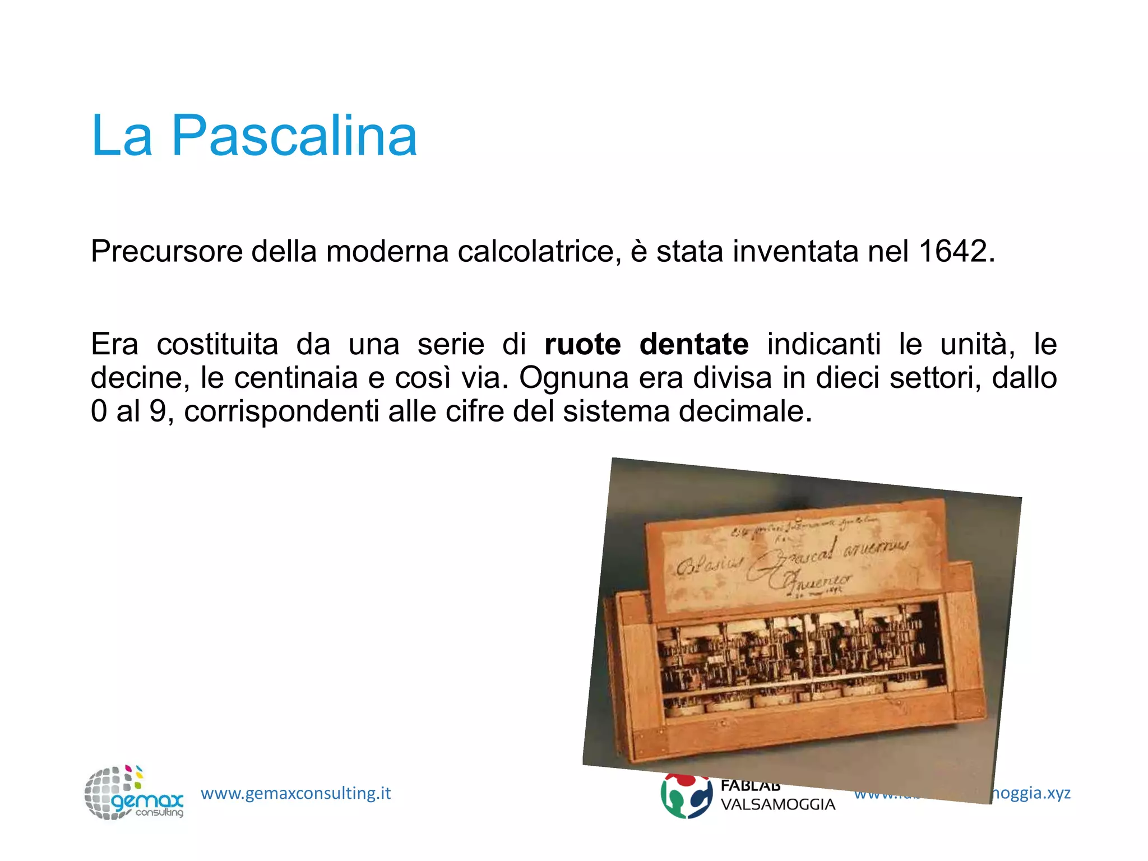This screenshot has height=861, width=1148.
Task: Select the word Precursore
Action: click(x=166, y=251)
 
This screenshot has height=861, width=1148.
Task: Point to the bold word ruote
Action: click(x=582, y=344)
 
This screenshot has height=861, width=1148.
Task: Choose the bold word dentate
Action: click(x=693, y=344)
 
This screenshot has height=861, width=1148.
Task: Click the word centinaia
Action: click(x=296, y=378)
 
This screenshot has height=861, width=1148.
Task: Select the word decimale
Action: click(x=746, y=411)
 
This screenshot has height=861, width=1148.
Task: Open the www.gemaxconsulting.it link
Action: click(x=295, y=793)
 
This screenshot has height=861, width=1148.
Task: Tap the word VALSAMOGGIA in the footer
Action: click(x=777, y=805)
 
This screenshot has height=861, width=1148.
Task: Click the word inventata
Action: click(x=795, y=251)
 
